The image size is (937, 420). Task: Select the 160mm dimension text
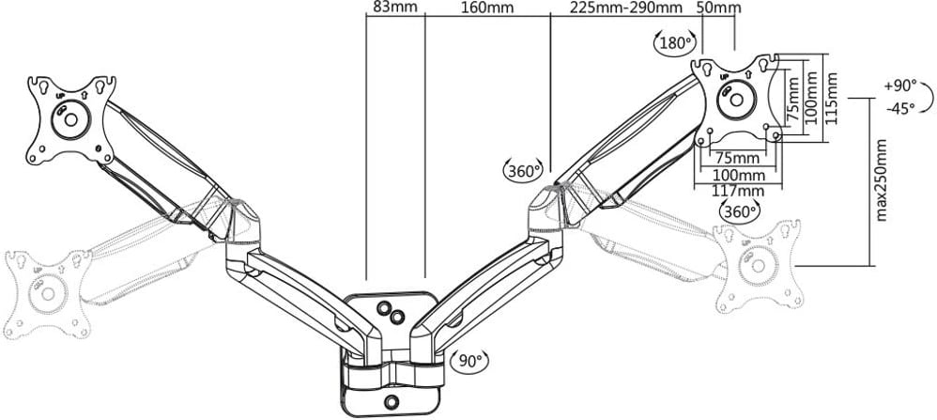487,8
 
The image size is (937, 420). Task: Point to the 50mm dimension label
716,8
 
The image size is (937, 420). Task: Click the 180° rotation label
674,42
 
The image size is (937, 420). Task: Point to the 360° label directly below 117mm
738,211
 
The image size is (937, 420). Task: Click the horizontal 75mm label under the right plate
738,157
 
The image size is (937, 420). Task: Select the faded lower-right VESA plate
760,267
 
